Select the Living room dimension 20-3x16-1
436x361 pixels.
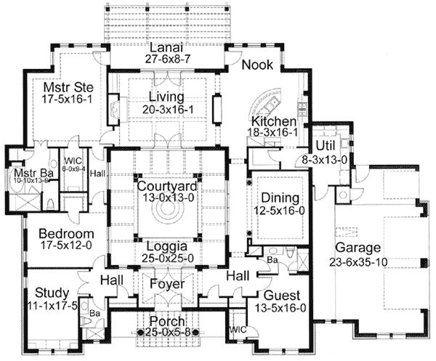point(164,109)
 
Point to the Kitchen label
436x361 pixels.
point(273,121)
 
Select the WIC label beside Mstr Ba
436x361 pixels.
point(71,160)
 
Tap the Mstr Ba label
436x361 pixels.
point(28,174)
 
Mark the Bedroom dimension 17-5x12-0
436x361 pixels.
point(66,246)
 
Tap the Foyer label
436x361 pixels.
point(165,285)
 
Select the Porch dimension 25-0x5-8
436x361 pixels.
point(164,332)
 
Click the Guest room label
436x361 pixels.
point(279,296)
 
